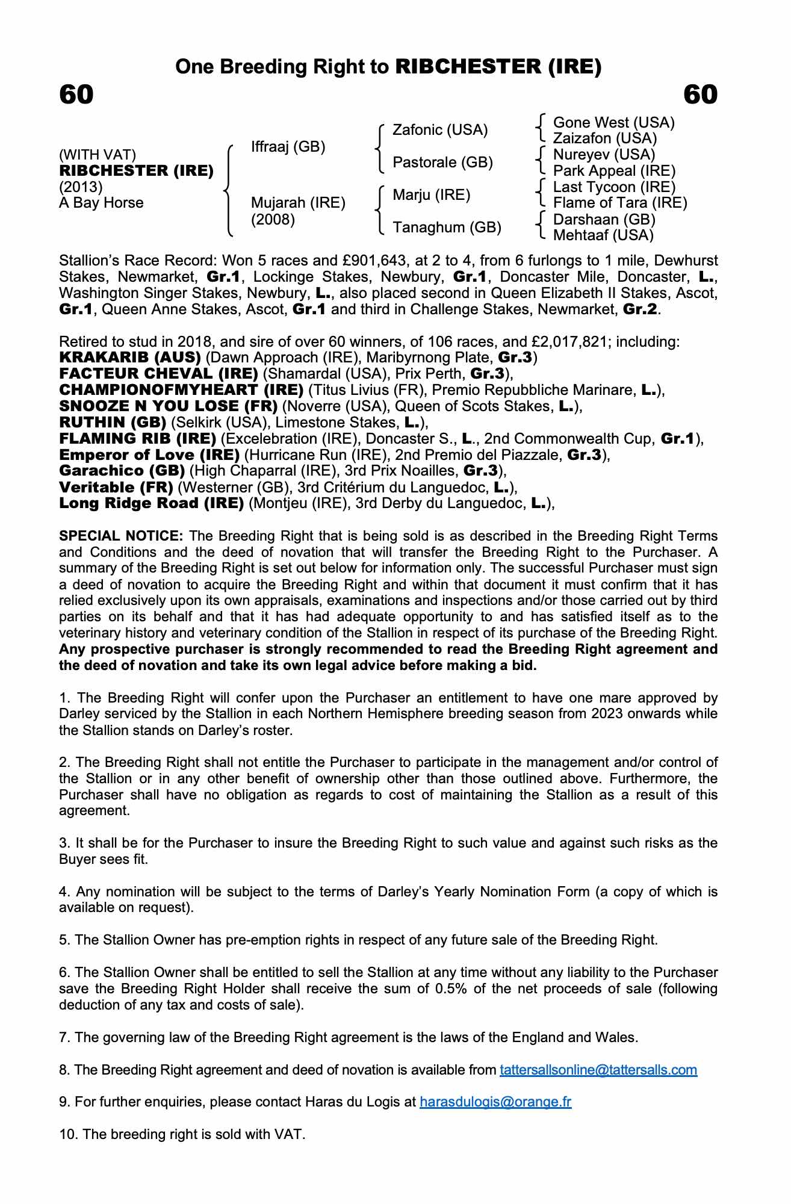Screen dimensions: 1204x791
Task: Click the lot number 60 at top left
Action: (x=76, y=95)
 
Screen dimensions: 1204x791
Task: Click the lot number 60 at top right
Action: (x=701, y=95)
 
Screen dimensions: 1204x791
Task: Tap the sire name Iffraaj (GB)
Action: (x=288, y=147)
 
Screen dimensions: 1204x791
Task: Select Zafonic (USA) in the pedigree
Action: (x=440, y=130)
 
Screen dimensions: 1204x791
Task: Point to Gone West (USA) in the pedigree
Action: (x=613, y=123)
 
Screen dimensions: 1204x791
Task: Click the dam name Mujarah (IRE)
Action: (x=298, y=203)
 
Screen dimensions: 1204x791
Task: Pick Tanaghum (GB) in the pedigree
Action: (x=447, y=228)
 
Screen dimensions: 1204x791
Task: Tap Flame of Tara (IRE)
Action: (x=620, y=203)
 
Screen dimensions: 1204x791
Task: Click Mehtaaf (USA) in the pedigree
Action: (x=603, y=235)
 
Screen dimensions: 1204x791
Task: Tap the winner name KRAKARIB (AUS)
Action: (x=129, y=358)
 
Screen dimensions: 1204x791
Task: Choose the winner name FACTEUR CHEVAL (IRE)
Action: (x=158, y=374)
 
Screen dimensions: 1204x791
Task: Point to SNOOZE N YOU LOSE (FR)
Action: (x=168, y=407)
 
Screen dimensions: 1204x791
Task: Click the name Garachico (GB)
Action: (x=122, y=471)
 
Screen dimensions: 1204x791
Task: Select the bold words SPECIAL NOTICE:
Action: (x=121, y=536)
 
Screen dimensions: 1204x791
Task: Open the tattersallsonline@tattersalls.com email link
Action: (x=598, y=1070)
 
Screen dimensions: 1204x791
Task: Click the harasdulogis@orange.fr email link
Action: (x=495, y=1102)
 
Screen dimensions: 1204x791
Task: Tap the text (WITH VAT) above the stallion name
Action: (x=98, y=155)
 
